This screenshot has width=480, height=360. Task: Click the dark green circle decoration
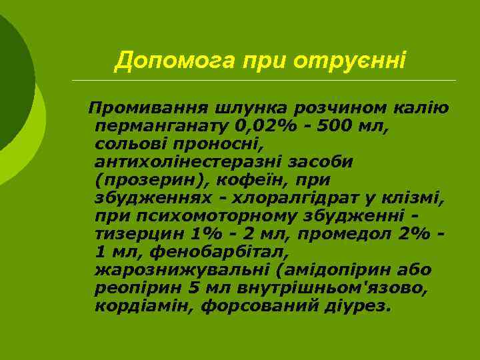[x=10, y=73]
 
